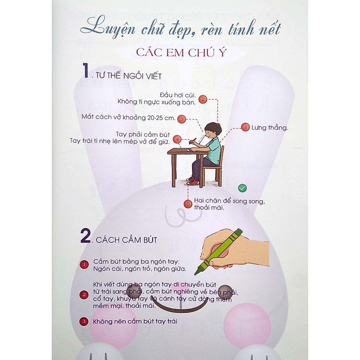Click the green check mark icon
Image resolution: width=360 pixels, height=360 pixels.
tap(242, 188)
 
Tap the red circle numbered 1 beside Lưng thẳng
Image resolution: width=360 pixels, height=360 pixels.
tap(245, 127)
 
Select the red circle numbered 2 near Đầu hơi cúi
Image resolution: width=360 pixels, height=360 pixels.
tap(203, 99)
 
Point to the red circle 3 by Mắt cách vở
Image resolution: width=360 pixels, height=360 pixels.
tap(182, 119)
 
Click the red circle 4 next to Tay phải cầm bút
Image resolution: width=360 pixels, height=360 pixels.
tap(177, 139)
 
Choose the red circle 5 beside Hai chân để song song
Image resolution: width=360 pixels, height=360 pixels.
tap(188, 204)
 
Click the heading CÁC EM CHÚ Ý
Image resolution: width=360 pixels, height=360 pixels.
tap(181, 53)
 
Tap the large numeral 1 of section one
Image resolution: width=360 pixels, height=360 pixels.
tap(85, 71)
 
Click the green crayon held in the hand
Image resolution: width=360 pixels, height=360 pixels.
tap(218, 252)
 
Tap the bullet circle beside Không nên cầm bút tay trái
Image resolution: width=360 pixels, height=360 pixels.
tap(84, 322)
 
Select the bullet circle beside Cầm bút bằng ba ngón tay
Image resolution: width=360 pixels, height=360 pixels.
tap(84, 264)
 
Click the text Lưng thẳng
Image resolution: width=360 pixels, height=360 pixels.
tap(270, 128)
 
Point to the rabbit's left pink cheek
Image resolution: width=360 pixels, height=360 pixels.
tap(114, 326)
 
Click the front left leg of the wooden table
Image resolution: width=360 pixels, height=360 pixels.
tap(174, 170)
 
